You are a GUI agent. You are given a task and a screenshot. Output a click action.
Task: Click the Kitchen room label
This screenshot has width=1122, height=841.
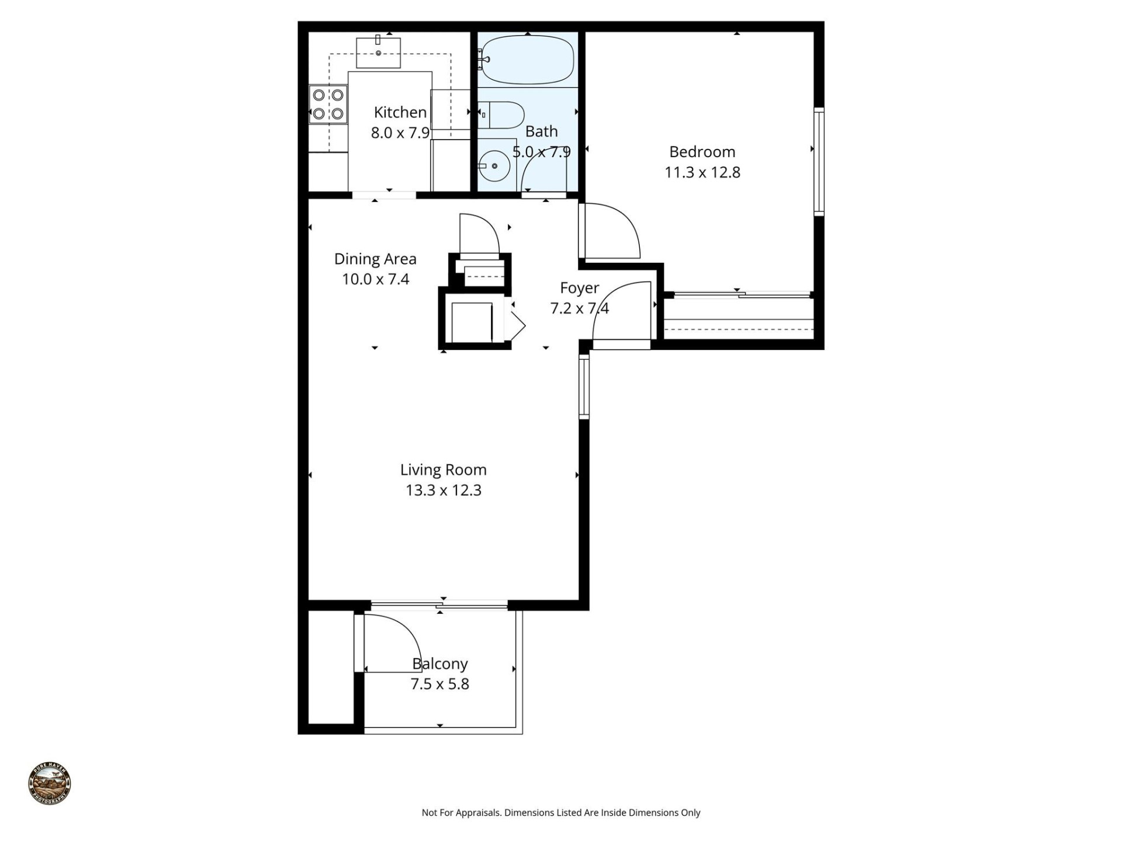[x=400, y=112]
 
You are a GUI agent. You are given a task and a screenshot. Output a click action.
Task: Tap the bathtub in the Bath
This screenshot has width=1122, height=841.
[x=528, y=60]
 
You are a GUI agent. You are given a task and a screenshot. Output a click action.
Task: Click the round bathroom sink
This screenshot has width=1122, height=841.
[x=494, y=166]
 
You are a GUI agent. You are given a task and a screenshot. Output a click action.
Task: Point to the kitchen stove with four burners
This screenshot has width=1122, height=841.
[x=328, y=104]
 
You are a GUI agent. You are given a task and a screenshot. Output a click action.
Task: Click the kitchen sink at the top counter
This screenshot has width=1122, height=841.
[x=378, y=53]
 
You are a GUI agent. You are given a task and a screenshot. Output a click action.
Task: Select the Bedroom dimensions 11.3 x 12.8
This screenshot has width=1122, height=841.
[x=702, y=172]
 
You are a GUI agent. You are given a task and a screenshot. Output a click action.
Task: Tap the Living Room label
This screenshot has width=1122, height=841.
[x=443, y=470]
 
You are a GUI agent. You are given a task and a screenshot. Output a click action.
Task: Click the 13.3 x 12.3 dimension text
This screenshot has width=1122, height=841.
[x=443, y=490]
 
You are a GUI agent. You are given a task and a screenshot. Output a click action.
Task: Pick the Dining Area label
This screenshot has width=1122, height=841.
[x=375, y=259]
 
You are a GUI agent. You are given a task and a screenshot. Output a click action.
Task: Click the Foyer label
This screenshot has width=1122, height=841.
[x=579, y=288]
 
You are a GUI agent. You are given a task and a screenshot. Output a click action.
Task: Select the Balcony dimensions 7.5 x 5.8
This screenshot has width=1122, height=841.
[x=439, y=684]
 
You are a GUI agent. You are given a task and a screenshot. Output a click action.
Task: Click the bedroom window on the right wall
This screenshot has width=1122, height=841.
[x=819, y=161]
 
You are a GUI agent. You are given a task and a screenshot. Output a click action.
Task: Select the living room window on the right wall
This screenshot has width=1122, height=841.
[x=584, y=387]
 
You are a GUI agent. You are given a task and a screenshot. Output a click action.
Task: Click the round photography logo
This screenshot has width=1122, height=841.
[x=50, y=783]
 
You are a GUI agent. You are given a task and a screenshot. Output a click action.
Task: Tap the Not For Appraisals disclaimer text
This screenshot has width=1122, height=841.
[x=560, y=812]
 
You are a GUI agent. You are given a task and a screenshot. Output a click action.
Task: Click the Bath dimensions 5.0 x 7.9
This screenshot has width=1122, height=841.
[x=541, y=152]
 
